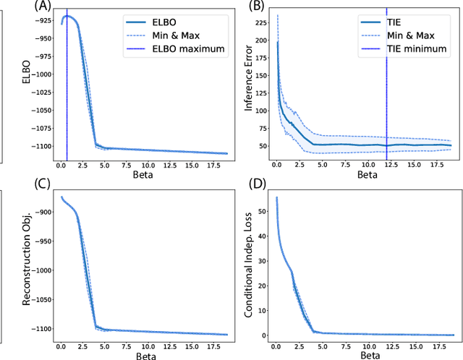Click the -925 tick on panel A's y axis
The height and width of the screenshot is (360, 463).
click(42, 19)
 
